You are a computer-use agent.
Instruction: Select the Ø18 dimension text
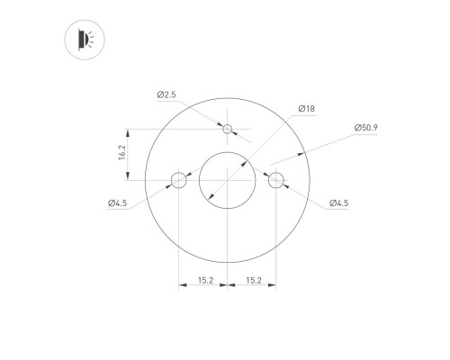[x=306, y=109]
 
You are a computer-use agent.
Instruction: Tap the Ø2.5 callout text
[x=165, y=94]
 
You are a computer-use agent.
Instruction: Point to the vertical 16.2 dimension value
[x=122, y=155]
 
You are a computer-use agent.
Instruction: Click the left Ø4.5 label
[x=117, y=203]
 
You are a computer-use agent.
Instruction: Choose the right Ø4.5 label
[x=338, y=203]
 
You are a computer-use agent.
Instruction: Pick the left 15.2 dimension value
[x=205, y=281]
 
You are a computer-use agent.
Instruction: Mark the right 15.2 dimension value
[x=253, y=281]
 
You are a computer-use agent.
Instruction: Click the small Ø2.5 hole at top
[x=228, y=130]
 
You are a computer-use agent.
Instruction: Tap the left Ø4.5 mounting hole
[x=179, y=181]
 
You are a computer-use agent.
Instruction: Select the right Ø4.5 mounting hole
[x=276, y=181]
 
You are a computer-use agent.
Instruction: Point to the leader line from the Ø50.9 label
[x=324, y=144]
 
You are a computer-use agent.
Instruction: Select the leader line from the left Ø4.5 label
[x=148, y=196]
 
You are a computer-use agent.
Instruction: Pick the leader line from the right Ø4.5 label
[x=306, y=196]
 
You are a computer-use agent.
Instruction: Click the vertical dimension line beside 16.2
[x=131, y=155]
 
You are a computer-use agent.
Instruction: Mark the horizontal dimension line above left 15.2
[x=203, y=288]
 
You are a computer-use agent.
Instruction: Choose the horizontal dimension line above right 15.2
[x=252, y=288]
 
